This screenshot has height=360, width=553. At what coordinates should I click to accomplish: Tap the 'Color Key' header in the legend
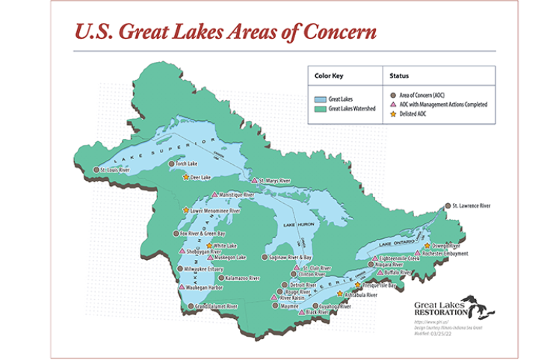(330, 75)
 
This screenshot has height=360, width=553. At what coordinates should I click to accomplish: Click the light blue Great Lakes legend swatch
(319, 97)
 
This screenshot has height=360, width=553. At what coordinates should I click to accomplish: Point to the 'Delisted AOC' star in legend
(393, 114)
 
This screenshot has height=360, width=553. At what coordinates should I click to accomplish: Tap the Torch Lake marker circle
(171, 163)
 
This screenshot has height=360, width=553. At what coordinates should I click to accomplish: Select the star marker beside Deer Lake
(185, 178)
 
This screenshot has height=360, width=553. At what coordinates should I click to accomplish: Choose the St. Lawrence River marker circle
(448, 205)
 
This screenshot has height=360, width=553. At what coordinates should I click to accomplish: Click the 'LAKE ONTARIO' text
(395, 243)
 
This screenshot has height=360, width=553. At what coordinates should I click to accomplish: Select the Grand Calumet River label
(217, 306)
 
